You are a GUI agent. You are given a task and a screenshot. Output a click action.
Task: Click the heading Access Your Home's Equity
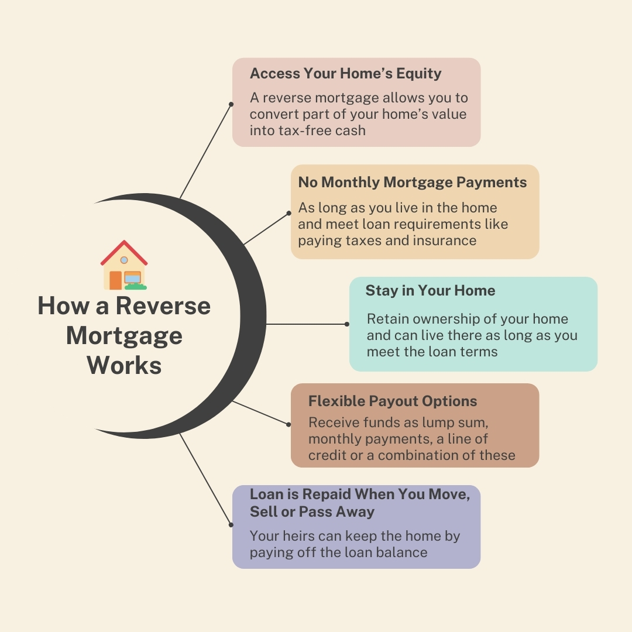(x=345, y=74)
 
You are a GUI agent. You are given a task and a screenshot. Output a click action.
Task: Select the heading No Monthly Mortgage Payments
(x=412, y=182)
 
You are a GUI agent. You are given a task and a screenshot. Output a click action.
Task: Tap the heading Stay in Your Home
(x=430, y=291)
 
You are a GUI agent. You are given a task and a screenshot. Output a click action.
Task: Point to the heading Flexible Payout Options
(x=392, y=401)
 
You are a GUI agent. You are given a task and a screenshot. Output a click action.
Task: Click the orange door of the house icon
(x=115, y=280)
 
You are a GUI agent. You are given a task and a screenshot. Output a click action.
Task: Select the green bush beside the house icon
(x=136, y=287)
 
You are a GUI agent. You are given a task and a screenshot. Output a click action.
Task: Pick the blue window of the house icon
(x=132, y=277)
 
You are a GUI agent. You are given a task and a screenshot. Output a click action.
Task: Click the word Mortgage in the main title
(x=124, y=336)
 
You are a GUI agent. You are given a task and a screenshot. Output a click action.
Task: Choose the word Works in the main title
(x=124, y=366)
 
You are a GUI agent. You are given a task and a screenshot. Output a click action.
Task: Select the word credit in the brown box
(x=328, y=455)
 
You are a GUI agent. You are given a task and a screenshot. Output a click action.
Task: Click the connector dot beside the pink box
(x=231, y=104)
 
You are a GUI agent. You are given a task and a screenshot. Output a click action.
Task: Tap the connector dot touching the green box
(x=346, y=324)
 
